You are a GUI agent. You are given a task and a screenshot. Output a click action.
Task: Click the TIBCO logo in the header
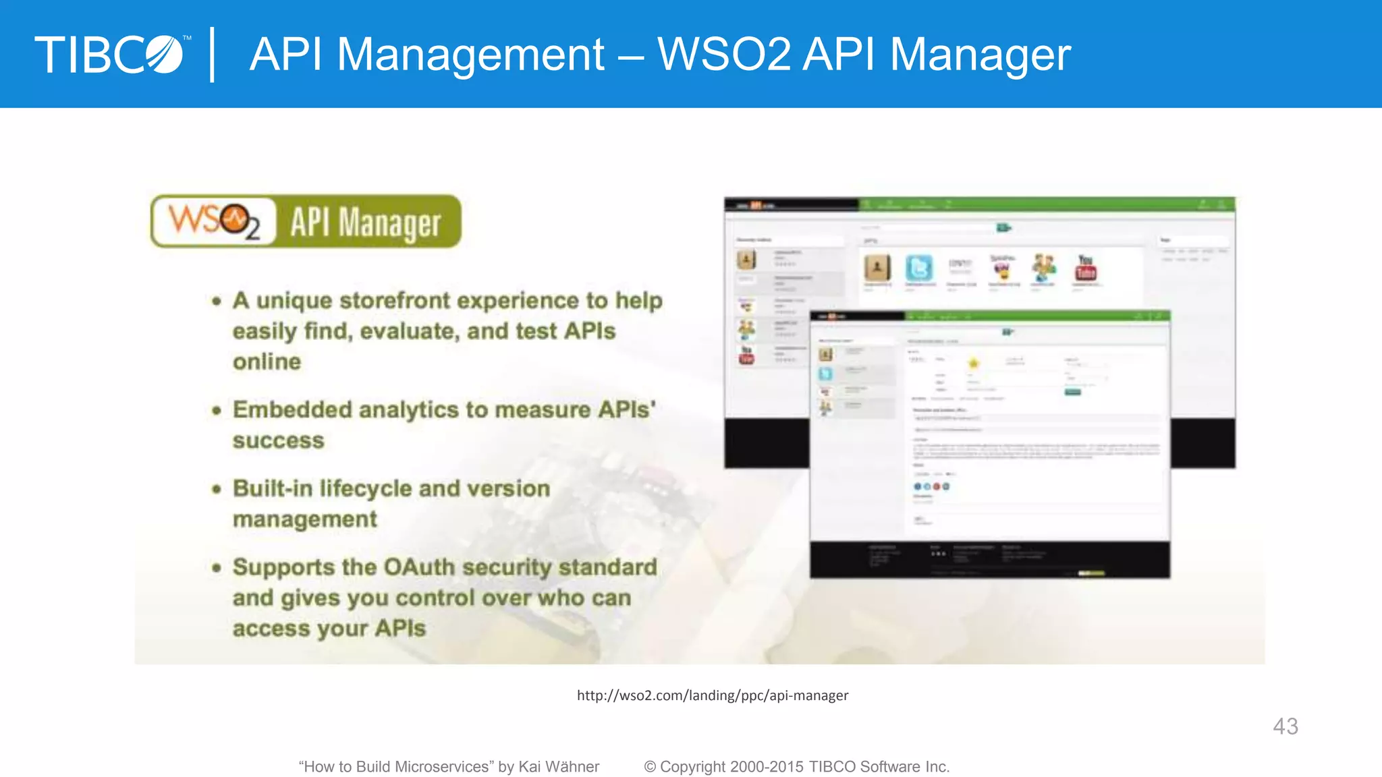pyautogui.click(x=109, y=55)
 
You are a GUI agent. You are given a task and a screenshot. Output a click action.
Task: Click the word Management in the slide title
pyautogui.click(x=470, y=55)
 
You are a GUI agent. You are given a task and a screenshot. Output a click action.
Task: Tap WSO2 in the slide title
pyautogui.click(x=723, y=55)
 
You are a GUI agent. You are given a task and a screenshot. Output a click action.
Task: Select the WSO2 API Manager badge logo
pyautogui.click(x=306, y=222)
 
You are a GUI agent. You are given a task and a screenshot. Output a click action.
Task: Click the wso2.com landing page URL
pyautogui.click(x=713, y=695)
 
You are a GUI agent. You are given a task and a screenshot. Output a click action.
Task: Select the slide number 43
pyautogui.click(x=1285, y=726)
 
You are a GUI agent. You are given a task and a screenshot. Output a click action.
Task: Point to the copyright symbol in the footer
pyautogui.click(x=650, y=767)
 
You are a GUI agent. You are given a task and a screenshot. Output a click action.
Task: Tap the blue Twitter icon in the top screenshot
pyautogui.click(x=918, y=268)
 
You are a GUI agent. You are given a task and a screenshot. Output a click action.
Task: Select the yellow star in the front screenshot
pyautogui.click(x=973, y=363)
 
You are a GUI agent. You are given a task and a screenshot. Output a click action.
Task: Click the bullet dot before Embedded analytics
pyautogui.click(x=217, y=410)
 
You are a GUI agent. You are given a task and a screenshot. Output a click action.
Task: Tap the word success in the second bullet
pyautogui.click(x=279, y=441)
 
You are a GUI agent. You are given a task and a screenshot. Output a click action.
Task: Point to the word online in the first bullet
pyautogui.click(x=267, y=362)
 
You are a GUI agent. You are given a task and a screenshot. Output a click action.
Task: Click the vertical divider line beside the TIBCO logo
pyautogui.click(x=213, y=55)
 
